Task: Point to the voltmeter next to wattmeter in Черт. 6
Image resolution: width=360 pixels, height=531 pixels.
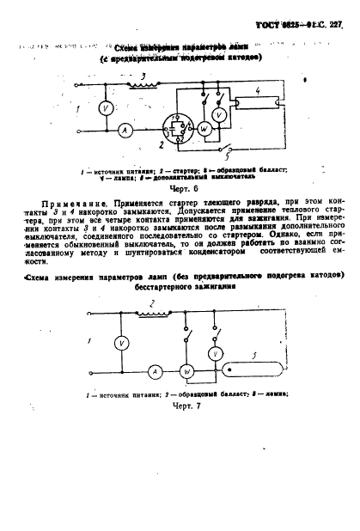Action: coord(219,114)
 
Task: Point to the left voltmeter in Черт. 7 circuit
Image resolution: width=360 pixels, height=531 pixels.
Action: coord(123,343)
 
